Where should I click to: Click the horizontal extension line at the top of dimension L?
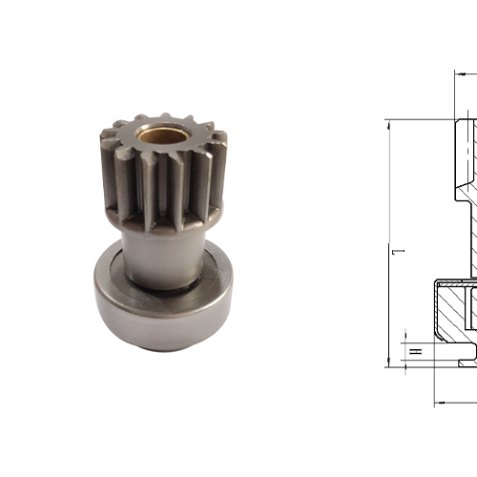pos(420,119)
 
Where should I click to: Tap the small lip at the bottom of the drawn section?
pos(465,362)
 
